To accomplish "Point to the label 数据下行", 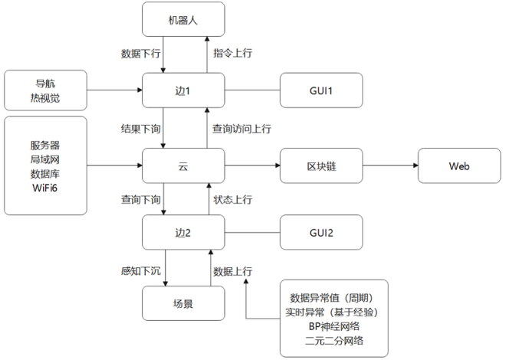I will click(141, 54).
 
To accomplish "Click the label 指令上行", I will click(232, 54).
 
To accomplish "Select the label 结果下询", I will click(141, 129).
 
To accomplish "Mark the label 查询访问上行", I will click(241, 129).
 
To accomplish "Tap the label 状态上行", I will click(232, 199).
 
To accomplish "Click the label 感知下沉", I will click(141, 270).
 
